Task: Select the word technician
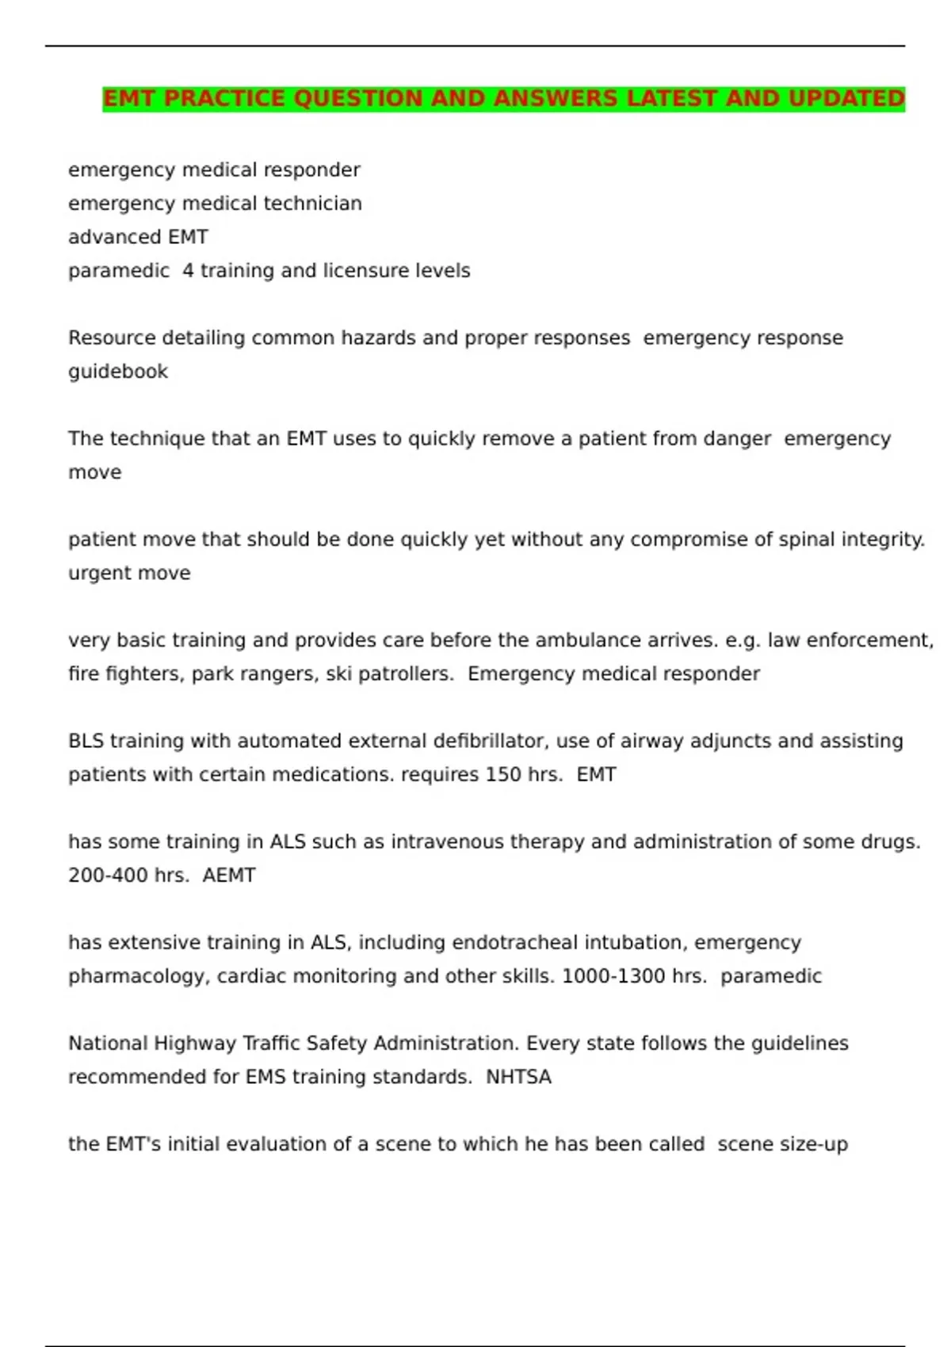(312, 204)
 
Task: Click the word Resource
(112, 338)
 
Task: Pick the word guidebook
(118, 372)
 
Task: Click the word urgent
(96, 574)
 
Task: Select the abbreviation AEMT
(229, 876)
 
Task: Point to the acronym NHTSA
(518, 1078)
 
